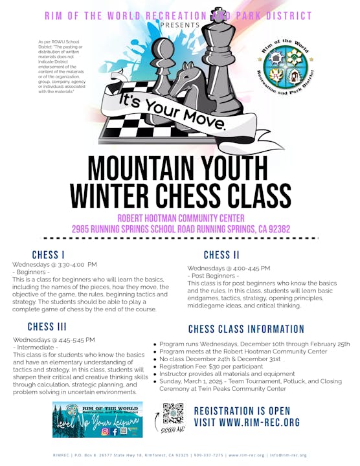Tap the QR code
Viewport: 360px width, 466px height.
click(173, 412)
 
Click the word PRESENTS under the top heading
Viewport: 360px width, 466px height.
click(179, 25)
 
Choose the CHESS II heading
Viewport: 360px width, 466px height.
click(221, 255)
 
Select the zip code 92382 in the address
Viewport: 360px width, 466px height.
click(274, 229)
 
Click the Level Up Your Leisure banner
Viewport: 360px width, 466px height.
click(98, 419)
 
